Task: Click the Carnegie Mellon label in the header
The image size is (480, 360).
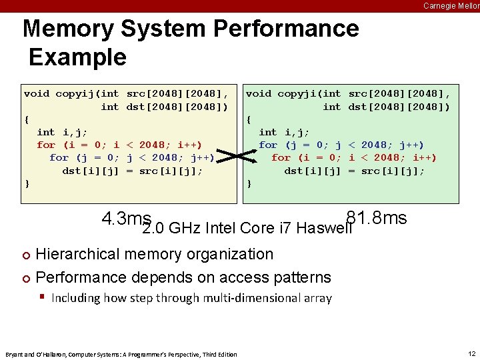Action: point(451,5)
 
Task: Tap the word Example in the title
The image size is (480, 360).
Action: point(78,57)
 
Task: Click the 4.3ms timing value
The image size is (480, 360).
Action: point(126,219)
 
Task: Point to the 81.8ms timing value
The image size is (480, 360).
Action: point(376,219)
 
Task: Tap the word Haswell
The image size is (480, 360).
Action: point(324,229)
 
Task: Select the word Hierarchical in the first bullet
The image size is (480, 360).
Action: point(76,254)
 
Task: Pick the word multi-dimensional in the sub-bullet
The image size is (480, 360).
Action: point(231,298)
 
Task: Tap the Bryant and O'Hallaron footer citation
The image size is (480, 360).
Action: point(121,354)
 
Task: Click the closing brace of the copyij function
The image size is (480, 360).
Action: point(27,183)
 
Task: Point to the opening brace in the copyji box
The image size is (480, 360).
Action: point(249,119)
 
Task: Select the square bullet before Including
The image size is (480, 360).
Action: point(41,297)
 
